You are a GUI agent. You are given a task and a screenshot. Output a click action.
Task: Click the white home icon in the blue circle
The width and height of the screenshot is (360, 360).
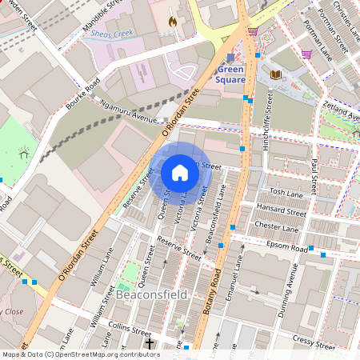(x=180, y=172)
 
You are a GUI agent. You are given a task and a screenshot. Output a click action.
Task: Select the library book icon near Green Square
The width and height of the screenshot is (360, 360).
(x=276, y=74)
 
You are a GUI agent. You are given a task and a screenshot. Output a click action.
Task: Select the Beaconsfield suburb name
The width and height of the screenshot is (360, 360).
(x=151, y=294)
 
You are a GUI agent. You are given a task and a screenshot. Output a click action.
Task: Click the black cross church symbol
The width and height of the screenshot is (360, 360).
(x=150, y=344)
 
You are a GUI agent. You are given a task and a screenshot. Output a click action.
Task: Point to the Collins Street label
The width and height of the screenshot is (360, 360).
(x=129, y=330)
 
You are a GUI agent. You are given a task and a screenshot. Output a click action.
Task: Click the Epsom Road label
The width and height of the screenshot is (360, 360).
(x=288, y=249)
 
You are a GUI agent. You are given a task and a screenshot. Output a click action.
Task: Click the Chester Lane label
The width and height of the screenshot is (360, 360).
(x=275, y=227)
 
